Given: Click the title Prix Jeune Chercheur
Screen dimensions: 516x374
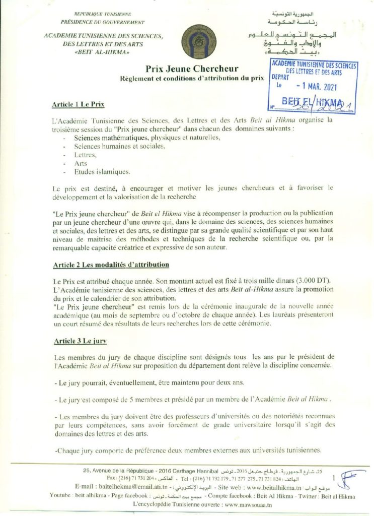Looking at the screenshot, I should tap(192, 69).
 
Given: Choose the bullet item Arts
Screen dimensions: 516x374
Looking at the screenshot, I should tap(81, 163).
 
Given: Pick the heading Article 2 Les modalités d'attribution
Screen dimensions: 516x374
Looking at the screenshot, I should tap(111, 265).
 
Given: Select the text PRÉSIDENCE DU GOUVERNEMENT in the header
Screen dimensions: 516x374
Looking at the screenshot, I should tap(102, 23).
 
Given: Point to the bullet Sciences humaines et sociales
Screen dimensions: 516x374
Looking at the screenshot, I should tap(119, 146).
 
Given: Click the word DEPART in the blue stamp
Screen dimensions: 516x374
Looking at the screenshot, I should tap(281, 78).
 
